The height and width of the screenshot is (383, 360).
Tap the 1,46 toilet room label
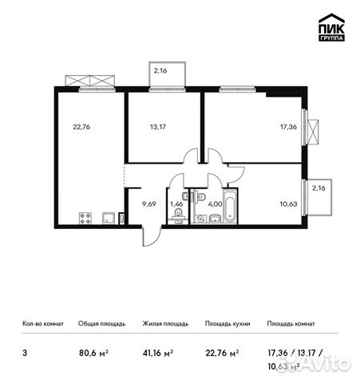tap(177, 204)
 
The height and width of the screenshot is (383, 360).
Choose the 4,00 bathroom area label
tap(215, 204)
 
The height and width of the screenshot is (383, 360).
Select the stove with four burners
tap(85, 218)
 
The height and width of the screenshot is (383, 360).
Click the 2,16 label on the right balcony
tap(318, 189)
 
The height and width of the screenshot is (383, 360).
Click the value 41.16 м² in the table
tap(158, 349)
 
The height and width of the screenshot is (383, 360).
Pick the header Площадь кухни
tap(227, 324)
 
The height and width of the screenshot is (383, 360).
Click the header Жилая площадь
tap(164, 324)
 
